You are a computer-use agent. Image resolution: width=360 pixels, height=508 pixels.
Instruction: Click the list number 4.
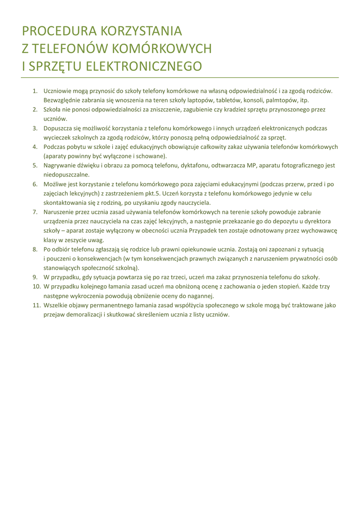click(x=35, y=147)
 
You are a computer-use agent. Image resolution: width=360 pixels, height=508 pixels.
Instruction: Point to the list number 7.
click(x=35, y=212)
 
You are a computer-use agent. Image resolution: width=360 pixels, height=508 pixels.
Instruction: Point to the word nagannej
click(x=200, y=296)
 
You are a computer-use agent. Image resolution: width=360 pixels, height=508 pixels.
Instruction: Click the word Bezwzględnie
click(x=62, y=100)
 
